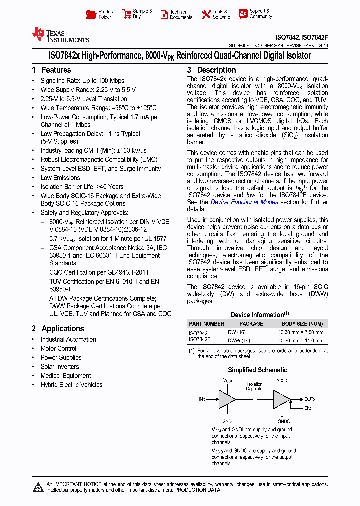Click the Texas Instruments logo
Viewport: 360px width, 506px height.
tap(60, 35)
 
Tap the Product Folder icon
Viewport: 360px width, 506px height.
tap(91, 14)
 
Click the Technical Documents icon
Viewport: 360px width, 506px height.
tap(164, 14)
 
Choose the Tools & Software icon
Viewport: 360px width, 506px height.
tap(206, 14)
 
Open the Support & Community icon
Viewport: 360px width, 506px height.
tap(243, 14)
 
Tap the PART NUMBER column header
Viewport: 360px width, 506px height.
tap(206, 324)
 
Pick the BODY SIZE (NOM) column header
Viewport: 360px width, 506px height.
tap(302, 324)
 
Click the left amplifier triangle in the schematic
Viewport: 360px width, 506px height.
tap(227, 399)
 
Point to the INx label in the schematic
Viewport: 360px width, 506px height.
tap(202, 399)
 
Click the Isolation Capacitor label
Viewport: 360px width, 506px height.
tap(254, 386)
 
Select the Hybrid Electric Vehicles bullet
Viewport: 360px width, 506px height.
tap(71, 385)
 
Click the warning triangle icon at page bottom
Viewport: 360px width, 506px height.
tap(38, 487)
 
